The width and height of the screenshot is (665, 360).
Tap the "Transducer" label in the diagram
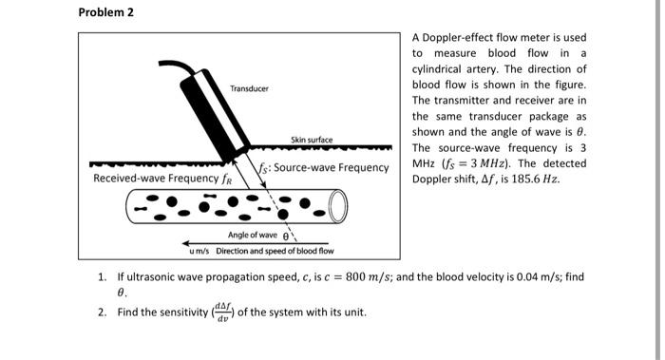pyautogui.click(x=250, y=88)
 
